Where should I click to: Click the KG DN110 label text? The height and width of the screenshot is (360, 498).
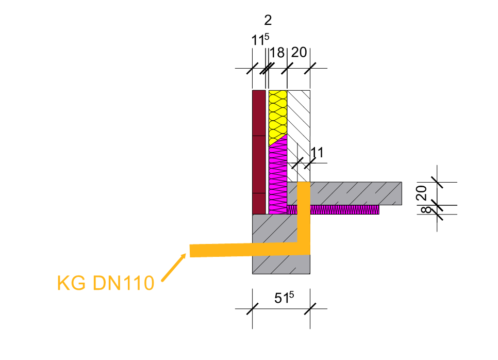[105, 283]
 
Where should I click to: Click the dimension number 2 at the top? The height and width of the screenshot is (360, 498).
[268, 21]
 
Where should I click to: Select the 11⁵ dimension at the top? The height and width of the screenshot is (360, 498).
[260, 40]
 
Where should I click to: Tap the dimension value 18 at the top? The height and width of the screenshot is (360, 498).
[277, 53]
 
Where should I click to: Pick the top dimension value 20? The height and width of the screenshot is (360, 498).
[299, 53]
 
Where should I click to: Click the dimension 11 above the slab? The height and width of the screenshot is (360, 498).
[317, 152]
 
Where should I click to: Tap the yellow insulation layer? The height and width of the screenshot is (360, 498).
[277, 116]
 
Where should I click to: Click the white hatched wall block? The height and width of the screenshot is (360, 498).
[298, 124]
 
